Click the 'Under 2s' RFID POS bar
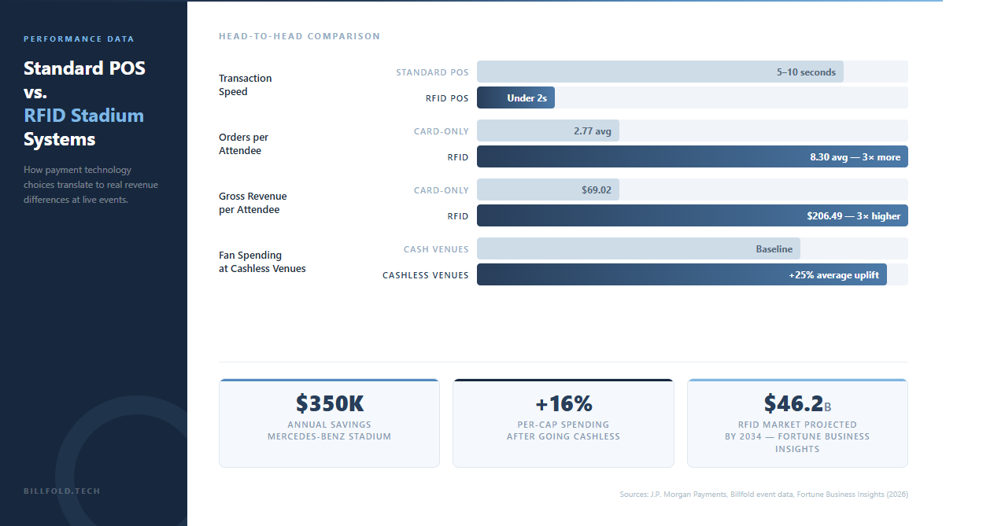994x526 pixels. tap(516, 97)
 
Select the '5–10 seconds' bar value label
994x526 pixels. tap(806, 72)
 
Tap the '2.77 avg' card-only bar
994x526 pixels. tap(549, 131)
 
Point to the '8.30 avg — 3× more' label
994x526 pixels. tap(855, 157)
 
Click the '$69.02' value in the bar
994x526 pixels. tap(596, 190)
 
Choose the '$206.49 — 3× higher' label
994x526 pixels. tap(853, 216)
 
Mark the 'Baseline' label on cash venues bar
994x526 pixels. tap(774, 249)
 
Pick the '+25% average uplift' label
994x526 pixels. tap(833, 275)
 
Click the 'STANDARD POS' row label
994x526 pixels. tap(432, 72)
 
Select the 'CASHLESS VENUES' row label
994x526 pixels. tap(425, 275)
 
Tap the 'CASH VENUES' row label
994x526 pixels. tap(436, 249)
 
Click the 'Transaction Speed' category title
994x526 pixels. tap(245, 85)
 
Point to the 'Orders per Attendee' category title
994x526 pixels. tap(243, 144)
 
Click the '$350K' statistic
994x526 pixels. tap(330, 403)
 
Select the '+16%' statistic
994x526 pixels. tap(564, 403)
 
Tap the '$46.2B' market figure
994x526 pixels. tap(796, 403)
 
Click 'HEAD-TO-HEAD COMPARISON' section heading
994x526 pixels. tap(299, 36)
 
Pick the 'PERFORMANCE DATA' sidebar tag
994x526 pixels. tap(79, 39)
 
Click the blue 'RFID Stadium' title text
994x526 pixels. tap(83, 116)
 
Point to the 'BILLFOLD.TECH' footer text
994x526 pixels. tap(62, 491)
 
